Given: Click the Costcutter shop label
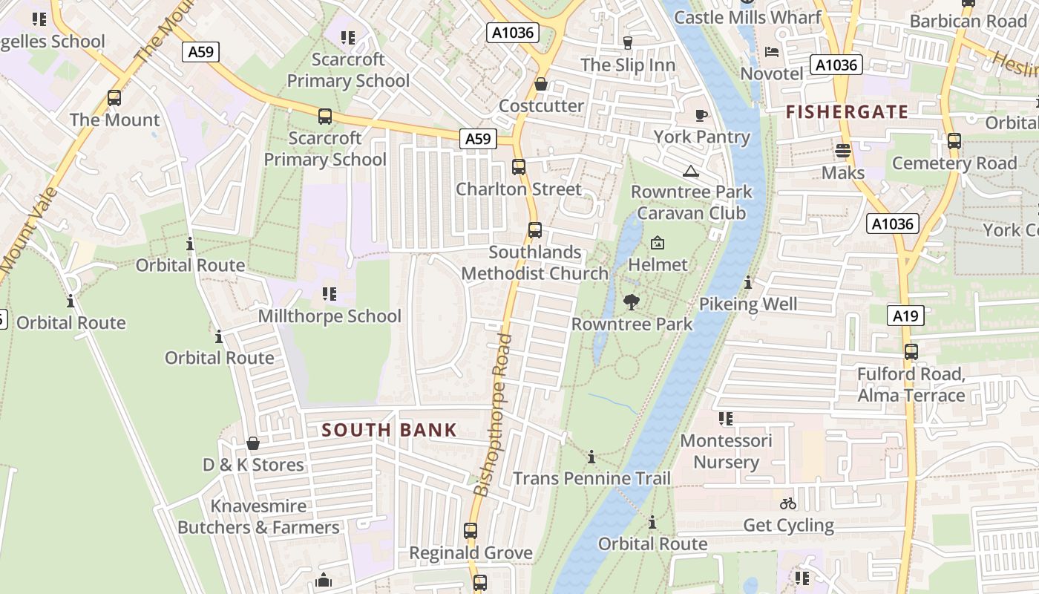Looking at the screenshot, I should tap(541, 105).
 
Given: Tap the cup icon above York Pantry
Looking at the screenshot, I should tap(701, 115).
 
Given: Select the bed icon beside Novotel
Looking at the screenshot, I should tap(772, 52).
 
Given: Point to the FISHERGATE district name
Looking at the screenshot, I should tap(847, 112).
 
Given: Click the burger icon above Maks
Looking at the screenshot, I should tap(842, 151).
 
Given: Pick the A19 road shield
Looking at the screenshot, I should tap(905, 316).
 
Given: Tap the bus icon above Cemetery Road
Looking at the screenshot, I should tap(954, 140).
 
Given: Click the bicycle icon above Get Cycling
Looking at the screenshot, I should tap(788, 503).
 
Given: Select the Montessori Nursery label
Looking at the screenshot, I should tap(726, 451).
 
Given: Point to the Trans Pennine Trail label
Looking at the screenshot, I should tap(591, 478).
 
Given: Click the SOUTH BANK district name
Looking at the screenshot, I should tap(389, 430).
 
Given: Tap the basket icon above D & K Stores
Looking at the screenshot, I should tap(253, 443).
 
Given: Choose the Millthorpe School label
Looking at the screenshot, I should tap(330, 316).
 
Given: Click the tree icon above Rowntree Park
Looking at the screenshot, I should tap(632, 302).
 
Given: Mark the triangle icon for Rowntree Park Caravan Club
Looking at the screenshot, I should tap(691, 172).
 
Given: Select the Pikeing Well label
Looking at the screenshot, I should tap(748, 304).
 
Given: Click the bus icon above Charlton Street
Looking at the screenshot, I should tap(519, 167).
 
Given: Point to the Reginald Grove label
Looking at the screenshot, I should tap(471, 553).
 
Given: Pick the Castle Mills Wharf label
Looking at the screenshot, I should tap(747, 17).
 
